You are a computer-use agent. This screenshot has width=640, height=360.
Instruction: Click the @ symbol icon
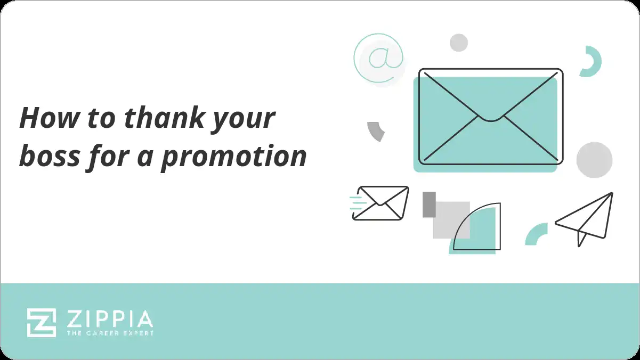pyautogui.click(x=378, y=58)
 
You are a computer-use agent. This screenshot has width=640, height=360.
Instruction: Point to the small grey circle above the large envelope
pyautogui.click(x=458, y=43)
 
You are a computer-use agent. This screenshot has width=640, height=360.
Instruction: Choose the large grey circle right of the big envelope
pyautogui.click(x=594, y=160)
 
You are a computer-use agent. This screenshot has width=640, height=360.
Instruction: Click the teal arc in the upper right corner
pyautogui.click(x=592, y=62)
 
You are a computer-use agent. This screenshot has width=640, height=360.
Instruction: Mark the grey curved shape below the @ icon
pyautogui.click(x=376, y=131)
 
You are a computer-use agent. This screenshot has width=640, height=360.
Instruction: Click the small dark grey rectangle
pyautogui.click(x=429, y=204)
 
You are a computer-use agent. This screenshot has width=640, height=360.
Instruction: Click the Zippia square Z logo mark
pyautogui.click(x=42, y=323)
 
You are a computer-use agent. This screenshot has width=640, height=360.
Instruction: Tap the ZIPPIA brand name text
pyautogui.click(x=109, y=320)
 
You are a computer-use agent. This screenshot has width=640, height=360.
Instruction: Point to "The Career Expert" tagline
pyautogui.click(x=109, y=333)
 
